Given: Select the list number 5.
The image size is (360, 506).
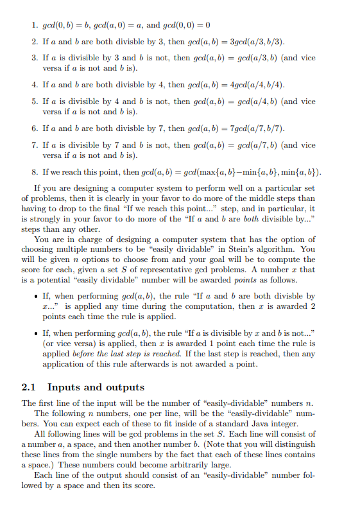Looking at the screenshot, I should pos(35,101).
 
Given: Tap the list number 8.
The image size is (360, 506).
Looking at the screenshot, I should pos(35,172).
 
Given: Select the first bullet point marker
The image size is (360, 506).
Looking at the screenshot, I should pos(33,296).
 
